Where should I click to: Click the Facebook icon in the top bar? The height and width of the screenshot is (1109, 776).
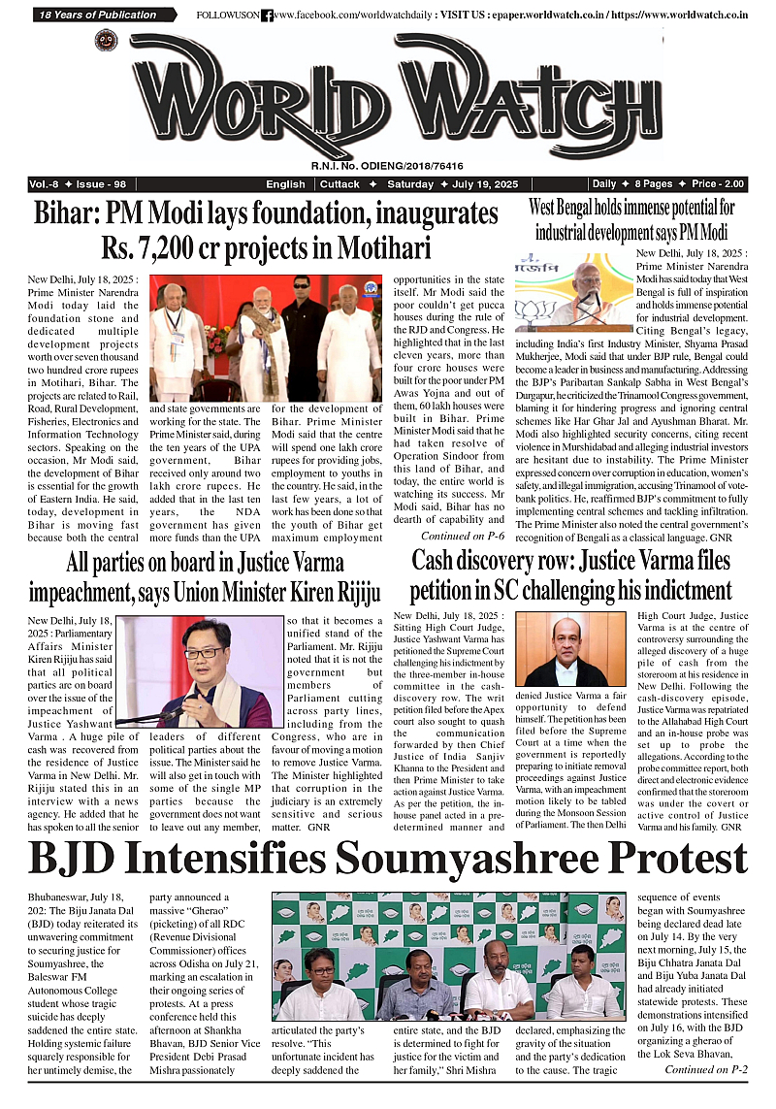(267, 16)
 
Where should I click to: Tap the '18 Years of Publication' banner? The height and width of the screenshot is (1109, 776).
(98, 15)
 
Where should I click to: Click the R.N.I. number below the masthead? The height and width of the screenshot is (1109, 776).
(388, 167)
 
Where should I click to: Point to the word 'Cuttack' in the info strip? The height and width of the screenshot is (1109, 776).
(340, 184)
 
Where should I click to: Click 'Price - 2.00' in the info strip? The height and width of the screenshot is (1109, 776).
(719, 184)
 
